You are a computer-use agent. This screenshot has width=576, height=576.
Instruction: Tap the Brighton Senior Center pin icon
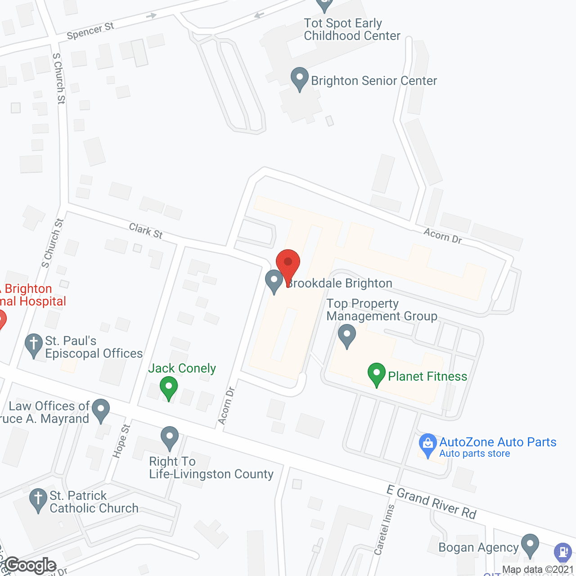300,79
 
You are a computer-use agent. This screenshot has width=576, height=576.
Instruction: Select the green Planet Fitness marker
377,374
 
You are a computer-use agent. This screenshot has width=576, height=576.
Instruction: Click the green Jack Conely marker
169,388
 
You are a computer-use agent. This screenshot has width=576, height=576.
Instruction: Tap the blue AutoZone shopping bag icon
427,445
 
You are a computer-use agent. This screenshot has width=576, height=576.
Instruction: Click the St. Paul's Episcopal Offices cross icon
34,345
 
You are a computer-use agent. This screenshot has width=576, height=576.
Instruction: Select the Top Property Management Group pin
346,336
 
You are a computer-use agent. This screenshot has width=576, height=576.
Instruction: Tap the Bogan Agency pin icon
530,545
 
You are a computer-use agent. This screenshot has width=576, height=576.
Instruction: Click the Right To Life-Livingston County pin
170,437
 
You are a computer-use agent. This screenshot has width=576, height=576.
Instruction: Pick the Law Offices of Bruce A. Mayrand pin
101,410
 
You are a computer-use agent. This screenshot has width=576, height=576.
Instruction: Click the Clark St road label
146,231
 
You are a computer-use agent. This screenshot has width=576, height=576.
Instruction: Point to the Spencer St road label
90,31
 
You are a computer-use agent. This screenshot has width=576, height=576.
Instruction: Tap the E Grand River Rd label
431,501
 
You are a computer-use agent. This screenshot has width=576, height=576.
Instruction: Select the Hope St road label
121,441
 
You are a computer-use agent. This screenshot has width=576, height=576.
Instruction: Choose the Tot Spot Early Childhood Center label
351,29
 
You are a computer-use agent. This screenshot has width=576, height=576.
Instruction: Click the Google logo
31,565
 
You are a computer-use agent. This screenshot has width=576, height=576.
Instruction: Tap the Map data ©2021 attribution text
538,569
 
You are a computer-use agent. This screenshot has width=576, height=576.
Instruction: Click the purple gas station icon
563,552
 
